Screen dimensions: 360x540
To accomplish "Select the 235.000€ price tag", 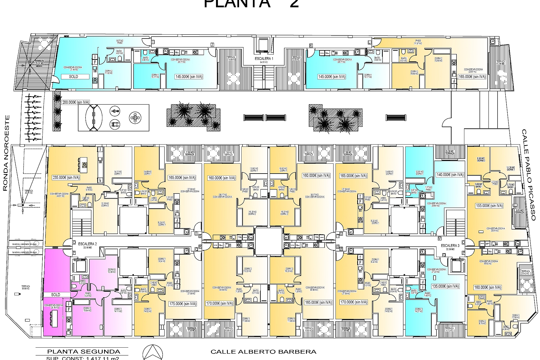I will [x=66, y=177].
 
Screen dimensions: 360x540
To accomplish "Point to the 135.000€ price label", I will [x=445, y=286].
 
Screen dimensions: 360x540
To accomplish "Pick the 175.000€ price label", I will [x=182, y=304].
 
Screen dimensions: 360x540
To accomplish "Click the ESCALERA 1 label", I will [x=264, y=59].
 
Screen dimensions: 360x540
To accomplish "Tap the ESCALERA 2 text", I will [x=87, y=244].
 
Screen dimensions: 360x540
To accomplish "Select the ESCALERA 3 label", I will [x=450, y=246].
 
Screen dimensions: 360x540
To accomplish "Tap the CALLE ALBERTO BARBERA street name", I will [x=263, y=352].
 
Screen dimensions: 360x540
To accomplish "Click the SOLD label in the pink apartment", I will [x=56, y=295].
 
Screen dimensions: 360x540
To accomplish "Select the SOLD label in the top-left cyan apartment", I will [x=73, y=76].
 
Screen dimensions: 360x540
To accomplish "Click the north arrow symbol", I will [x=153, y=352].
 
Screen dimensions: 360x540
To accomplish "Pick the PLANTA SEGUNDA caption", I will [x=84, y=352].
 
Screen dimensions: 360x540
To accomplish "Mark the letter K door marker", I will [x=311, y=45].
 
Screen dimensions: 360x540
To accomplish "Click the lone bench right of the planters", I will [x=396, y=118].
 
